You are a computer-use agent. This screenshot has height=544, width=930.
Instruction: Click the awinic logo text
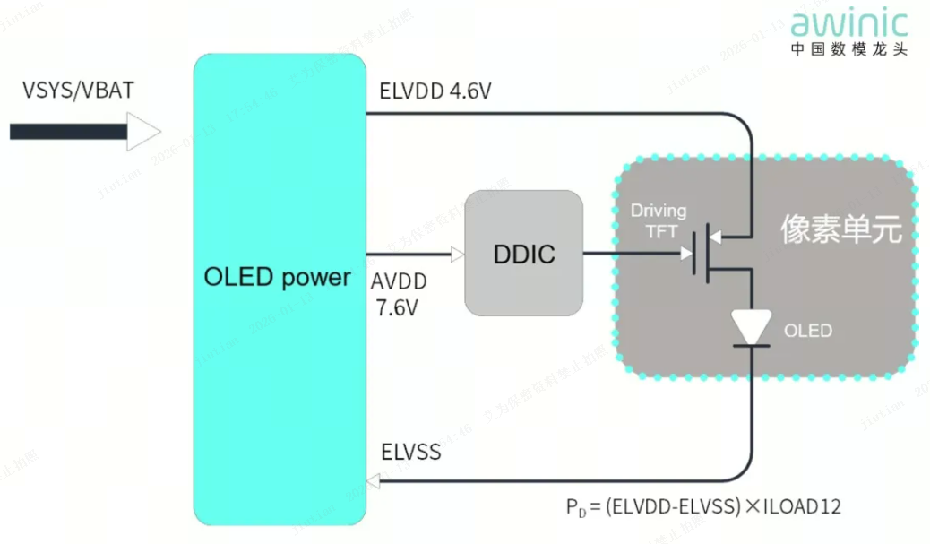[x=848, y=22]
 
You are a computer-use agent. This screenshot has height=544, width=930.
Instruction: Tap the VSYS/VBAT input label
[x=79, y=91]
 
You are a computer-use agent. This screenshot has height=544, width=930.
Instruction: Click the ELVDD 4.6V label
[x=435, y=91]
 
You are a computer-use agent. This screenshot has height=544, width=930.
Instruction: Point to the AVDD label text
[x=399, y=281]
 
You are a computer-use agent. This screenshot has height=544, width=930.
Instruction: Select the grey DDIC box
[x=524, y=254]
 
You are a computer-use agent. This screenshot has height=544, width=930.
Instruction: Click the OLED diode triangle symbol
[x=751, y=328]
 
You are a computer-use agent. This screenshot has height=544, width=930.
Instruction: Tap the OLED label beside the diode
[x=808, y=331]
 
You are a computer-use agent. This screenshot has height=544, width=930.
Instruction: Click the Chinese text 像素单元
[x=840, y=229]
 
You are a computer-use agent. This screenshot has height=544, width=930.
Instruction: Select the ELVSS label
[x=410, y=451]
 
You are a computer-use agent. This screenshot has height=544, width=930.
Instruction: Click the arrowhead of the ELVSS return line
[x=374, y=482]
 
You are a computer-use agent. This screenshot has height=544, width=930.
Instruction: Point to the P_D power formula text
[x=702, y=507]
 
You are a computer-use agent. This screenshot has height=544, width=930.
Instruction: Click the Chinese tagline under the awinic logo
[x=848, y=49]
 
